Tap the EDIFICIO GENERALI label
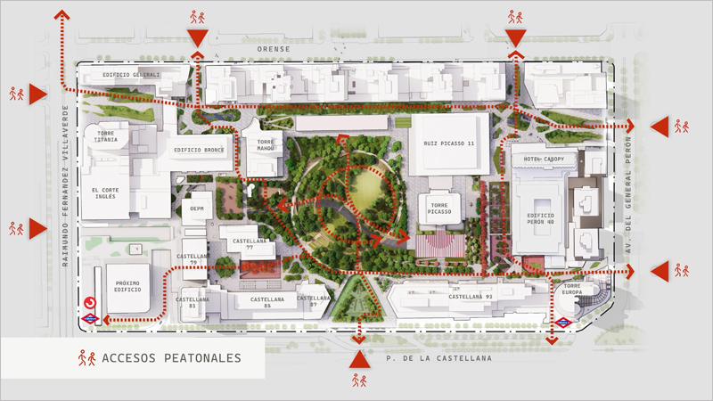click(x=131, y=75)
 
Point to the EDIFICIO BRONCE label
click(x=199, y=151)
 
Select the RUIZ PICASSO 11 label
click(x=450, y=143)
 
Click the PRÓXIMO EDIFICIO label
click(x=127, y=286)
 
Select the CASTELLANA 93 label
click(x=470, y=297)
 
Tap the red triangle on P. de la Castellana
click(x=359, y=359)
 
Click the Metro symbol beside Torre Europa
click(x=564, y=323)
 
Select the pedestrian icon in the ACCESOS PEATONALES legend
click(x=86, y=358)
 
